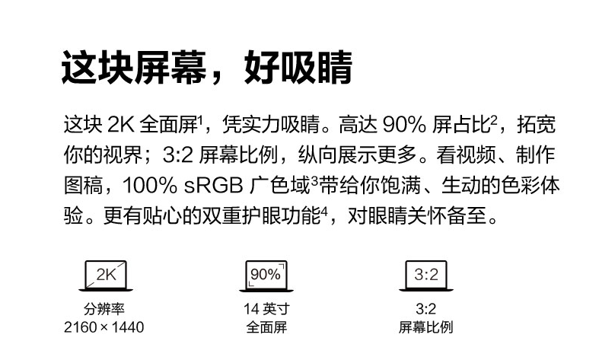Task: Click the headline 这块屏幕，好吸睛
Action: pyautogui.click(x=206, y=67)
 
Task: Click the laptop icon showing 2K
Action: pyautogui.click(x=106, y=276)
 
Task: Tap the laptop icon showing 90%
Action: pyautogui.click(x=266, y=276)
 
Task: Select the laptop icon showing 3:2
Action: pyautogui.click(x=426, y=276)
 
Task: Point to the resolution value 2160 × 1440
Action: pyautogui.click(x=104, y=327)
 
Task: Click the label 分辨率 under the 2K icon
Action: pyautogui.click(x=104, y=309)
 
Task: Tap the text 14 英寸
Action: pyautogui.click(x=266, y=309)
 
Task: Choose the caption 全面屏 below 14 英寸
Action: pyautogui.click(x=266, y=327)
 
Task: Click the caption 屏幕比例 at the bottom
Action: pyautogui.click(x=425, y=327)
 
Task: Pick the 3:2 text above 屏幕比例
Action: pyautogui.click(x=426, y=309)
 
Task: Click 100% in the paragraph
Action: pyautogui.click(x=150, y=186)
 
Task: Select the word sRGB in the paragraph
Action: pyautogui.click(x=214, y=186)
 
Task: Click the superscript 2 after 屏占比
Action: pyautogui.click(x=493, y=119)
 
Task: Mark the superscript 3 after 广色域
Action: pyautogui.click(x=314, y=180)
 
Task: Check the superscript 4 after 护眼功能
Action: pyautogui.click(x=324, y=211)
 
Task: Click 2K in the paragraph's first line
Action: pyautogui.click(x=121, y=125)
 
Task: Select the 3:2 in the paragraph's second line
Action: pyautogui.click(x=178, y=155)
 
